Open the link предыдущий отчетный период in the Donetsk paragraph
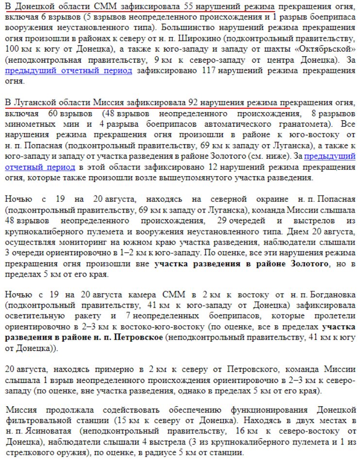click(x=68, y=71)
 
